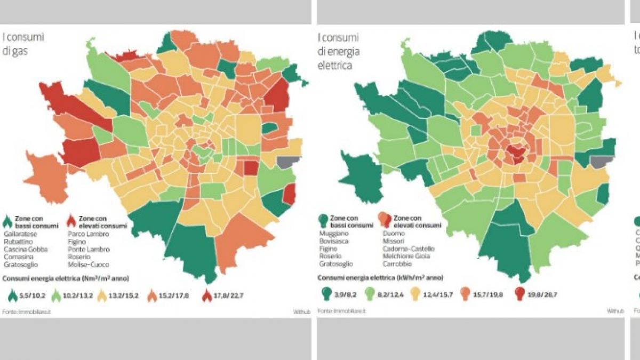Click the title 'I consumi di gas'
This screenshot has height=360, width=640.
pyautogui.click(x=22, y=44)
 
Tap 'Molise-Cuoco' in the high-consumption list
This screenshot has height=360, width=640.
pyautogui.click(x=87, y=264)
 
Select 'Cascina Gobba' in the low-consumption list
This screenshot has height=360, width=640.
pyautogui.click(x=26, y=249)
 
